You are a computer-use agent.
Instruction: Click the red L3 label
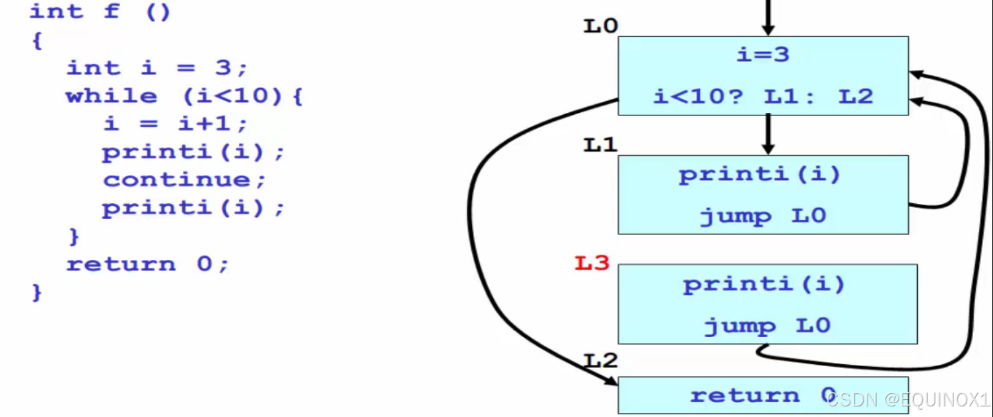pyautogui.click(x=592, y=264)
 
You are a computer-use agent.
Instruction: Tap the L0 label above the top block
pyautogui.click(x=600, y=26)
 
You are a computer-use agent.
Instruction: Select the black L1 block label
pyautogui.click(x=600, y=145)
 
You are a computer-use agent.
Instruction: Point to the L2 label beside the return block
pyautogui.click(x=600, y=361)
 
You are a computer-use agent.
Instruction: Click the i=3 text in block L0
pyautogui.click(x=763, y=55)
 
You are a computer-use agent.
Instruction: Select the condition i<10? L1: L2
pyautogui.click(x=763, y=97)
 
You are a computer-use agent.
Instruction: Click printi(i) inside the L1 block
pyautogui.click(x=760, y=176)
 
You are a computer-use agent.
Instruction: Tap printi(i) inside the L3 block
pyautogui.click(x=764, y=285)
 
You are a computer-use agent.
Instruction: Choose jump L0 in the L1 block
pyautogui.click(x=763, y=216)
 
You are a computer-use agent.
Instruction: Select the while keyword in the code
pyautogui.click(x=112, y=96)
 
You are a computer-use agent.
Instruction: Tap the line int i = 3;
pyautogui.click(x=156, y=68)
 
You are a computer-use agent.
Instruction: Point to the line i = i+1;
pyautogui.click(x=175, y=124)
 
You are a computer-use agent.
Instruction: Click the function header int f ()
pyautogui.click(x=100, y=12)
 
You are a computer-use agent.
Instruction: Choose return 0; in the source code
pyautogui.click(x=147, y=265)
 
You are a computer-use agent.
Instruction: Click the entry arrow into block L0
pyautogui.click(x=767, y=17)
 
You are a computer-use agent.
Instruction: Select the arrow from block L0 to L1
pyautogui.click(x=767, y=134)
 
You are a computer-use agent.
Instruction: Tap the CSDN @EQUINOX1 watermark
pyautogui.click(x=908, y=399)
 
